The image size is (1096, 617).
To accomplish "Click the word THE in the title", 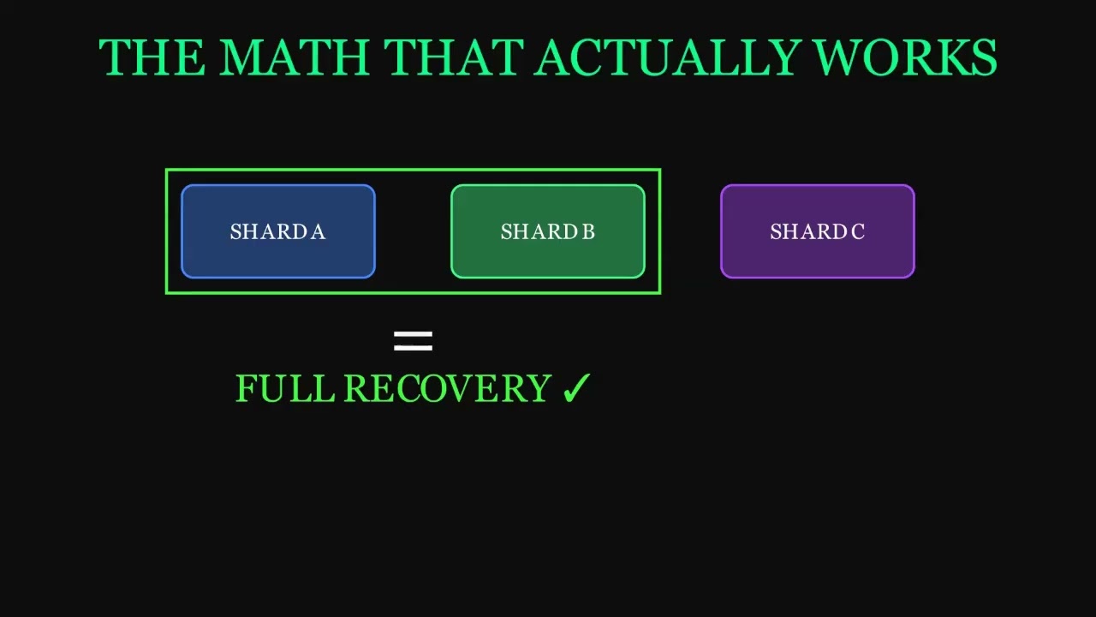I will coord(152,58).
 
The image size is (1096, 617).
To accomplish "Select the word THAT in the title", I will coord(453,58).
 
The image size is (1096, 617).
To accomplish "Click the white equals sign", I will coord(413,341).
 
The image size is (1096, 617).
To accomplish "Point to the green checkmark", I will coord(576,389).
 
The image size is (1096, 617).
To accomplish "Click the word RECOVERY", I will coord(447,389).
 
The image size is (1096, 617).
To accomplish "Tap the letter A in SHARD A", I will coord(318,232).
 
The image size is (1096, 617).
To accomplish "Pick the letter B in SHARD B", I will coord(588,232).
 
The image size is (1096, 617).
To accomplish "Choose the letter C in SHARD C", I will coord(858,232).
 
